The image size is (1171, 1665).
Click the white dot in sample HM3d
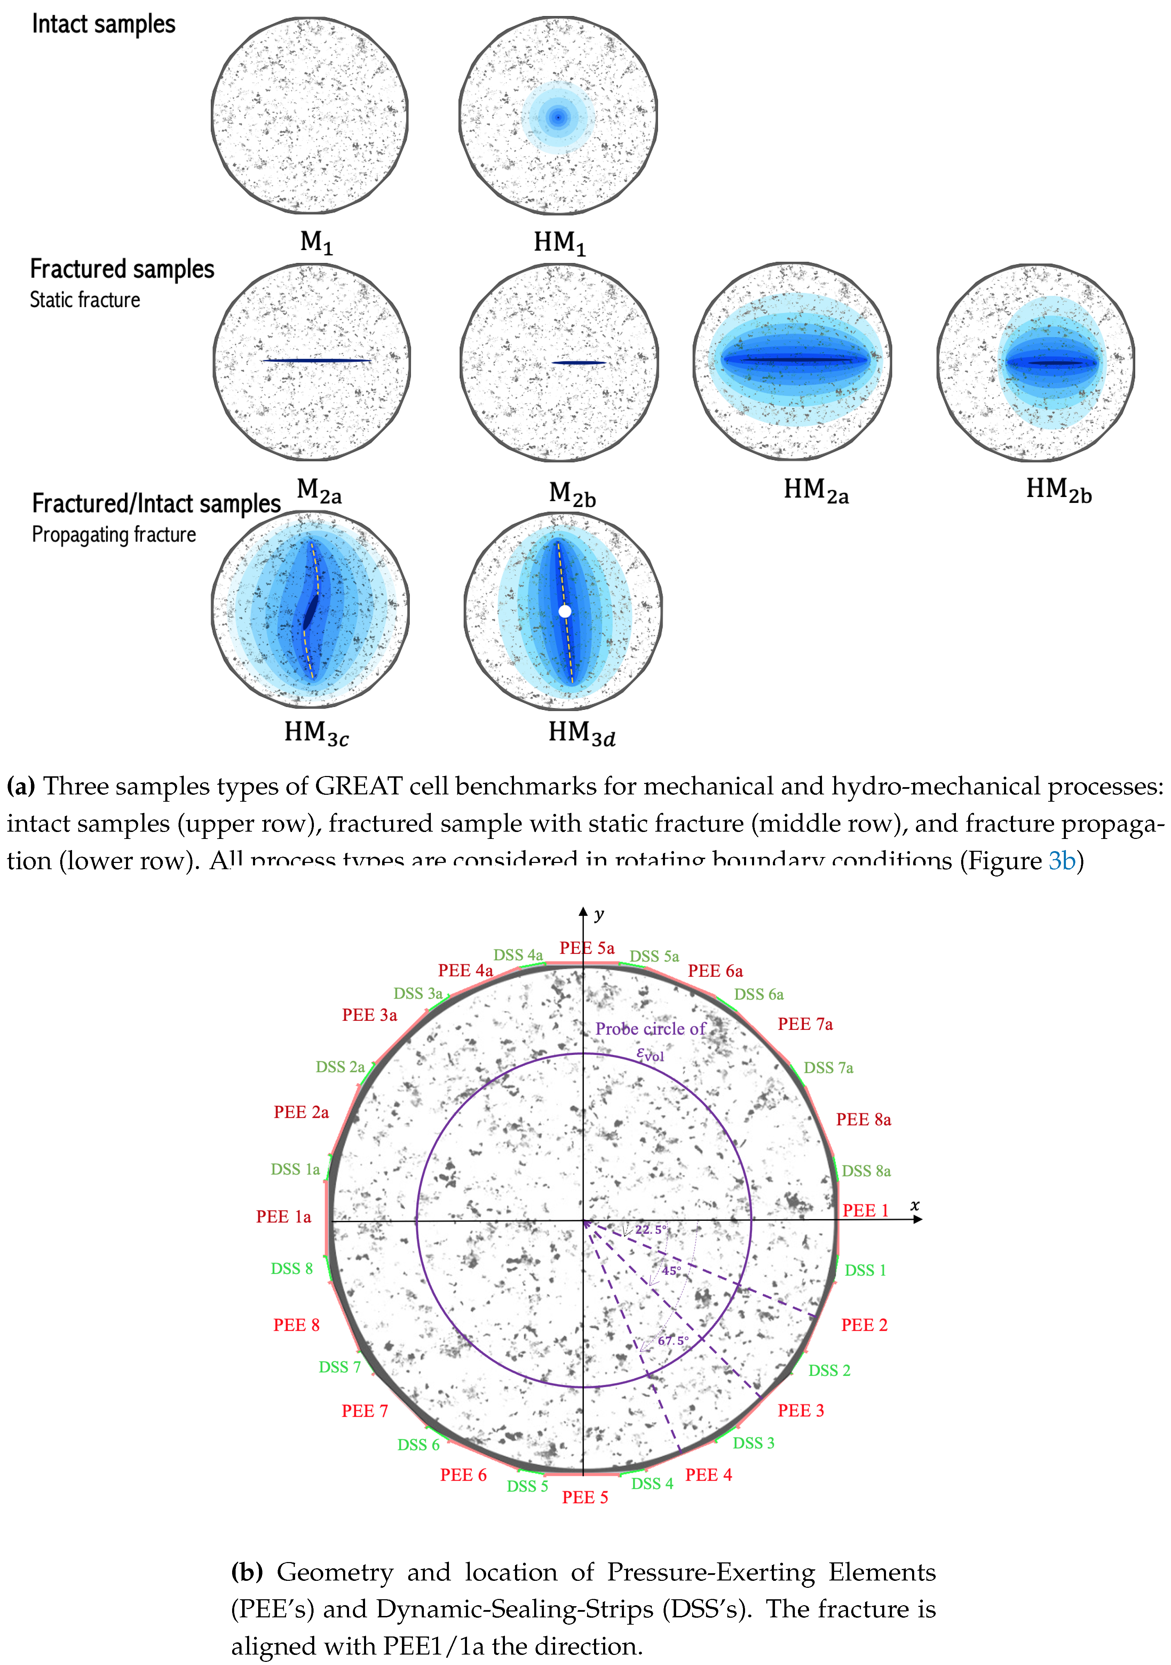[x=564, y=611]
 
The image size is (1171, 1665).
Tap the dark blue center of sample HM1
[x=557, y=117]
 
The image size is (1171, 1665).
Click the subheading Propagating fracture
[x=114, y=535]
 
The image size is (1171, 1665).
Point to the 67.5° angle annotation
[x=673, y=1340]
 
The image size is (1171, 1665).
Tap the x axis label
[x=915, y=1204]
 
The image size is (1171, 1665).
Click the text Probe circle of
[x=650, y=1028]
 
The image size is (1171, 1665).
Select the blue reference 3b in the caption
[x=1061, y=860]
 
